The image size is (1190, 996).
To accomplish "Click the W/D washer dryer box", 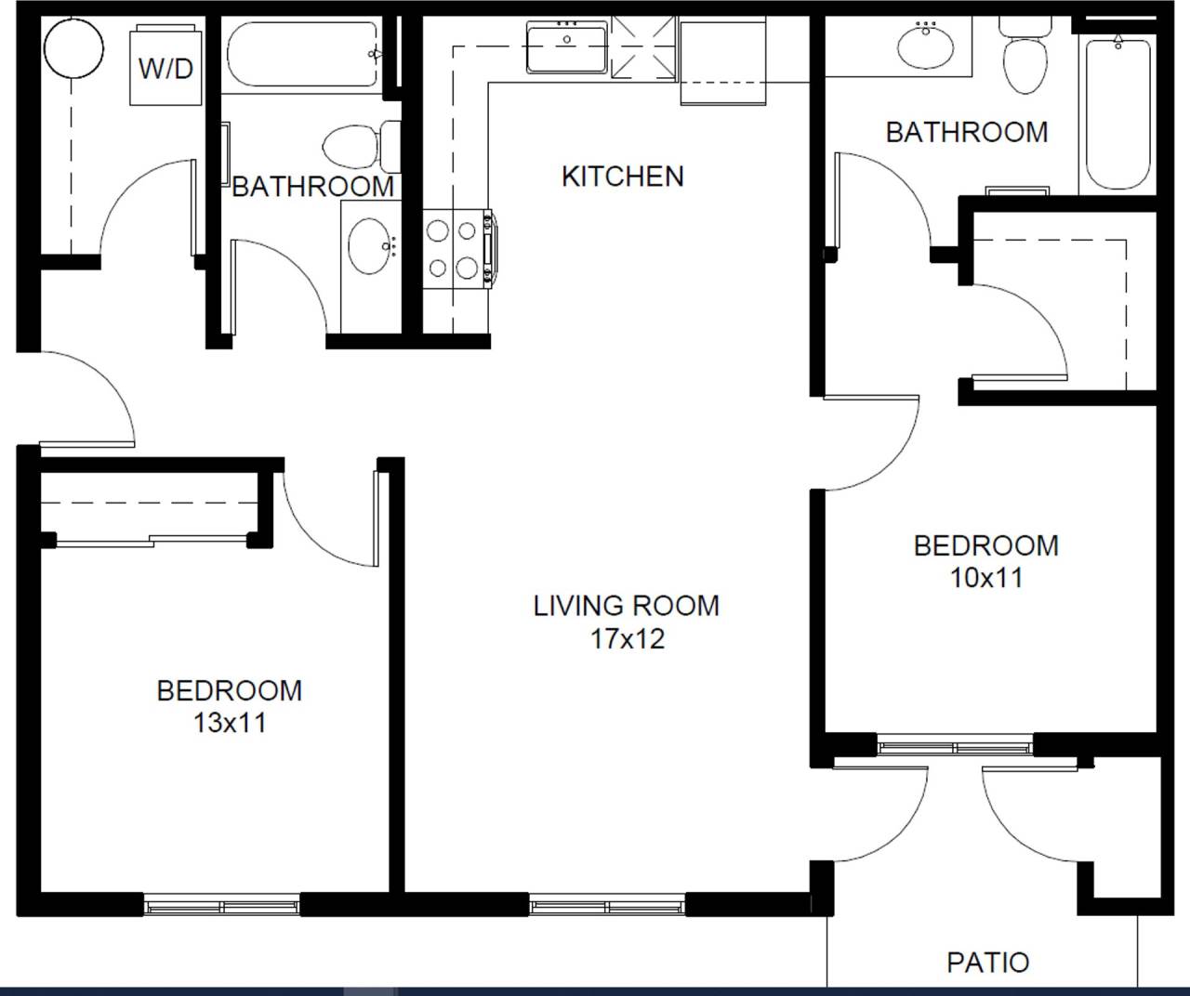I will pyautogui.click(x=166, y=67).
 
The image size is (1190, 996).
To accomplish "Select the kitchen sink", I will pyautogui.click(x=566, y=48).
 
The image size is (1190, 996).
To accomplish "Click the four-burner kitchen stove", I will pyautogui.click(x=454, y=249).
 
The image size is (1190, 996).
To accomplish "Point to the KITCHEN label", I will pyautogui.click(x=622, y=176).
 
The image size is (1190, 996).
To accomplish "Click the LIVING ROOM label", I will pyautogui.click(x=626, y=606).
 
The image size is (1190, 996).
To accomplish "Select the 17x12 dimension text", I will pyautogui.click(x=628, y=639).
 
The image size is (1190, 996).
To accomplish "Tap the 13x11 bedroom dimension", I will pyautogui.click(x=230, y=723).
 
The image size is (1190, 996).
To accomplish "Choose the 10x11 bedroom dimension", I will pyautogui.click(x=986, y=578).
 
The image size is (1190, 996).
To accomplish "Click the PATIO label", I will pyautogui.click(x=987, y=963).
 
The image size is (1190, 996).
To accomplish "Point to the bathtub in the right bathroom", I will pyautogui.click(x=1117, y=111).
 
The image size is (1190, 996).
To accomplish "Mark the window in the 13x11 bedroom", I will pyautogui.click(x=221, y=905).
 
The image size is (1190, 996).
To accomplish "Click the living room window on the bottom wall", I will pyautogui.click(x=607, y=904).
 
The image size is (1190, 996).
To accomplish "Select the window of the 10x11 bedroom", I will pyautogui.click(x=956, y=745).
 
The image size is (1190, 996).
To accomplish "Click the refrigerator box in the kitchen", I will pyautogui.click(x=722, y=60).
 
